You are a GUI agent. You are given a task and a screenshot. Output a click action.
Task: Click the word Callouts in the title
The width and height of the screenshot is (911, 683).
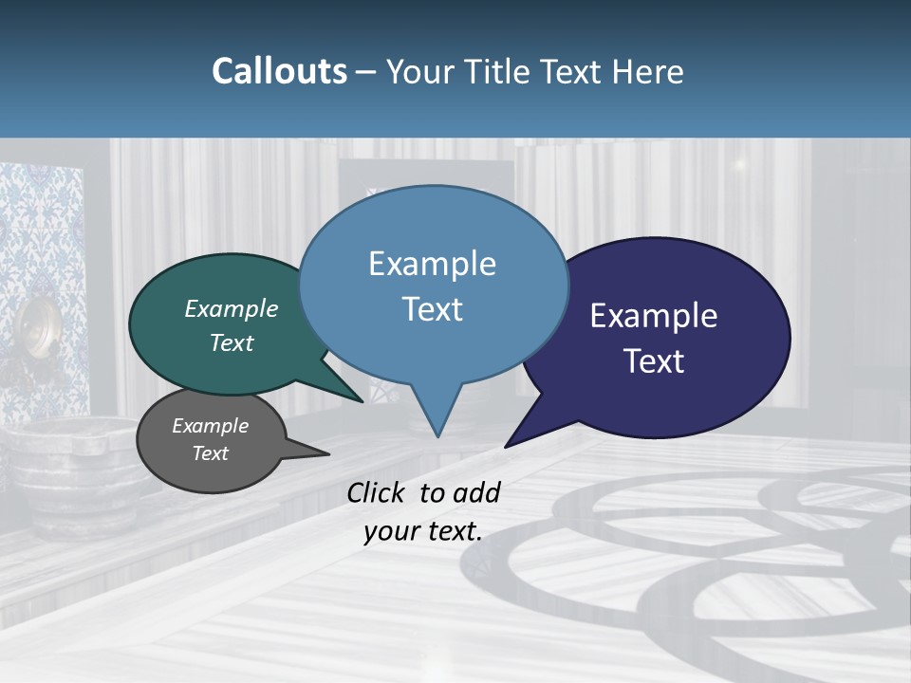[279, 72]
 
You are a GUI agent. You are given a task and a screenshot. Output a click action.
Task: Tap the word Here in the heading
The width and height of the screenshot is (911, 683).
[649, 72]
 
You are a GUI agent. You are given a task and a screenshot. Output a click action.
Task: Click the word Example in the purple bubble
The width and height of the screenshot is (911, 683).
[654, 316]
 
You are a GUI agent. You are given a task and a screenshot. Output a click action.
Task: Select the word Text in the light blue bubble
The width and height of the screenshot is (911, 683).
[432, 309]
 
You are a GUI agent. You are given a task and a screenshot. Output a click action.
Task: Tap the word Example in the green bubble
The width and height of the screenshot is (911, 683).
[232, 309]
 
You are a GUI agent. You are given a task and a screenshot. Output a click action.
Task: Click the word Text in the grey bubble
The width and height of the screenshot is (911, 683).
[211, 453]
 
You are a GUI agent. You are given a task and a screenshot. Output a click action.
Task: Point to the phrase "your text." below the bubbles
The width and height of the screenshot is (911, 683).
[423, 532]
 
